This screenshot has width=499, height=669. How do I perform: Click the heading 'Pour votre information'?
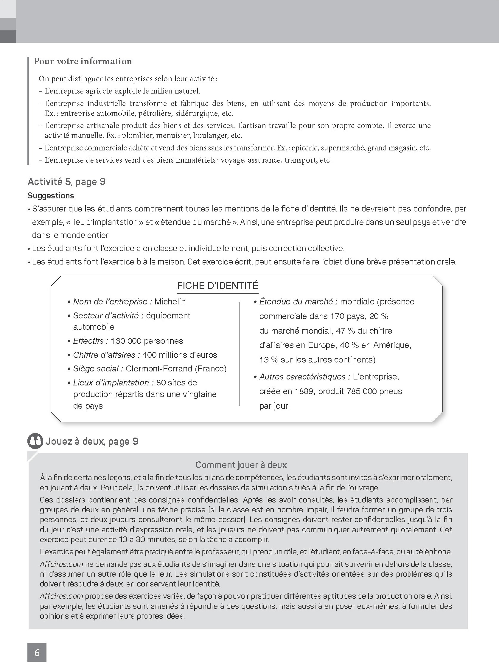83,61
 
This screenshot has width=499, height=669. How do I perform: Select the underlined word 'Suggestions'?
51,196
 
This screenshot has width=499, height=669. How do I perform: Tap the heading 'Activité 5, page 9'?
66,181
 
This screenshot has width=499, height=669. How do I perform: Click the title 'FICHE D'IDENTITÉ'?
217,286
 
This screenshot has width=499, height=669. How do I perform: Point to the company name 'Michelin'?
170,301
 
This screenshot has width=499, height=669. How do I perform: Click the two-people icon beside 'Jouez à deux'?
35,441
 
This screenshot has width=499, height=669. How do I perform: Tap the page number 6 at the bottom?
37,653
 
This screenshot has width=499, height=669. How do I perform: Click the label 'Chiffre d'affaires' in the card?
106,354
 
